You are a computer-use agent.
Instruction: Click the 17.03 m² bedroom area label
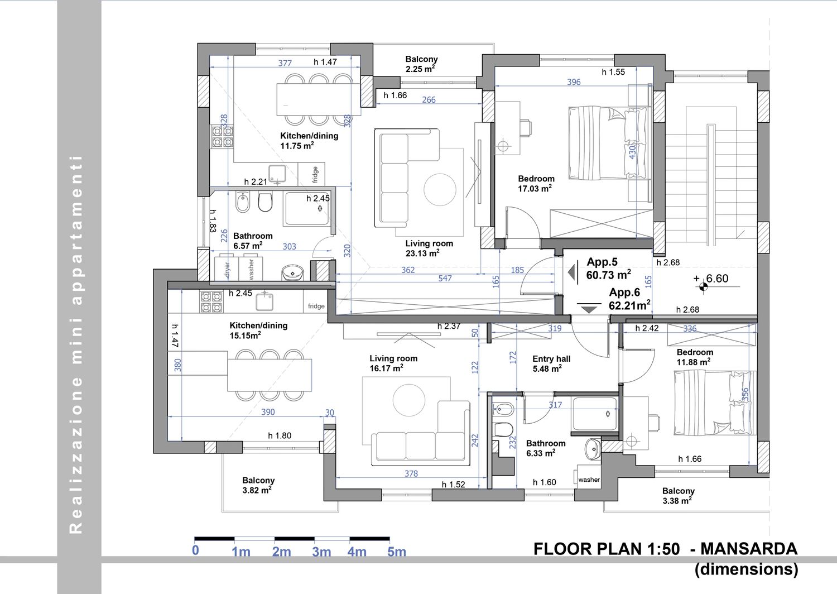[x=536, y=184]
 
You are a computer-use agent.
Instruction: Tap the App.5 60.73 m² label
[x=608, y=269]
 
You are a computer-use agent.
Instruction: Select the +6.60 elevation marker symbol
[x=703, y=287]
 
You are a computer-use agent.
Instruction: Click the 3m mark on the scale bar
[x=321, y=552]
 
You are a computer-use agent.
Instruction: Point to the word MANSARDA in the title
[x=749, y=549]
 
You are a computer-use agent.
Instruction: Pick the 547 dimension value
[x=445, y=278]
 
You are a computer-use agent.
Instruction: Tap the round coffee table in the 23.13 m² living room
[x=440, y=189]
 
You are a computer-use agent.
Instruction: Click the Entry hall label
[x=551, y=359]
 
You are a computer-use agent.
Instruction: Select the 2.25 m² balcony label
[x=421, y=64]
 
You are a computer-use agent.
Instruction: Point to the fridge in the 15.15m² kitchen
[x=316, y=306]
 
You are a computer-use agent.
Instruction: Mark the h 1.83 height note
[x=213, y=221]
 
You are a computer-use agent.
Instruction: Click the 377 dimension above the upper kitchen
[x=285, y=63]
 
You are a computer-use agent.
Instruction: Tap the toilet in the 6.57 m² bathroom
[x=265, y=202]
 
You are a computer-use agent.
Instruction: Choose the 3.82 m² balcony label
[x=258, y=485]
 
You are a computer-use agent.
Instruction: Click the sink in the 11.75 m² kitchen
[x=277, y=173]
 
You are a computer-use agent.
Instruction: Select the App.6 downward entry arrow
[x=589, y=308]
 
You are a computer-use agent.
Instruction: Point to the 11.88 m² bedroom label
[x=694, y=357]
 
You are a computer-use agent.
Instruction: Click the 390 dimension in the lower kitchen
[x=267, y=412]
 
